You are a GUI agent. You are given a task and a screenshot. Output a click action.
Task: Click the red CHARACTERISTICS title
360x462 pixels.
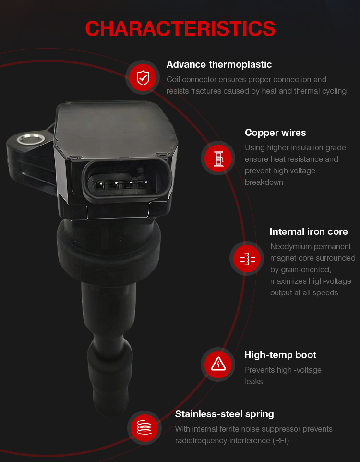180,29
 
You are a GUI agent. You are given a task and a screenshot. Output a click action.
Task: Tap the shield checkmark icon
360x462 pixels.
143,77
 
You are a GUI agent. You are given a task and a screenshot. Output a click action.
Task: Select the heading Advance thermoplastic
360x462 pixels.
219,64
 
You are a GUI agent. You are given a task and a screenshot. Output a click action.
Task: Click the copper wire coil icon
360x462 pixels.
218,158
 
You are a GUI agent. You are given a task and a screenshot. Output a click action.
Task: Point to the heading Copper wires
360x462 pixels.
275,133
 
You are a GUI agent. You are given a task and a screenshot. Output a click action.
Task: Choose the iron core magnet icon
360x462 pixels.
247,258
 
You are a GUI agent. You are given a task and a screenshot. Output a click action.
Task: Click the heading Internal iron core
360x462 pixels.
309,231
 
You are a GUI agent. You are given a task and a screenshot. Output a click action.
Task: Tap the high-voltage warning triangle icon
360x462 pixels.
218,365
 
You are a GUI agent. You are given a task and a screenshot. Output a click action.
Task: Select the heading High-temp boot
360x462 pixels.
280,355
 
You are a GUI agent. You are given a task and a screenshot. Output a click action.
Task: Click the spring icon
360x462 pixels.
144,427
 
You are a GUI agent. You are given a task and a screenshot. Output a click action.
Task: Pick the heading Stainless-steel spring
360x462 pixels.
224,414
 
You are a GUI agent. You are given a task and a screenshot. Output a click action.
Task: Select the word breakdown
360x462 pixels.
264,182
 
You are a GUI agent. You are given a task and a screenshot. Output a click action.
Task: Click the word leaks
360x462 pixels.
253,382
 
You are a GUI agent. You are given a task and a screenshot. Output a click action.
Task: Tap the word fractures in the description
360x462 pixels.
204,91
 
